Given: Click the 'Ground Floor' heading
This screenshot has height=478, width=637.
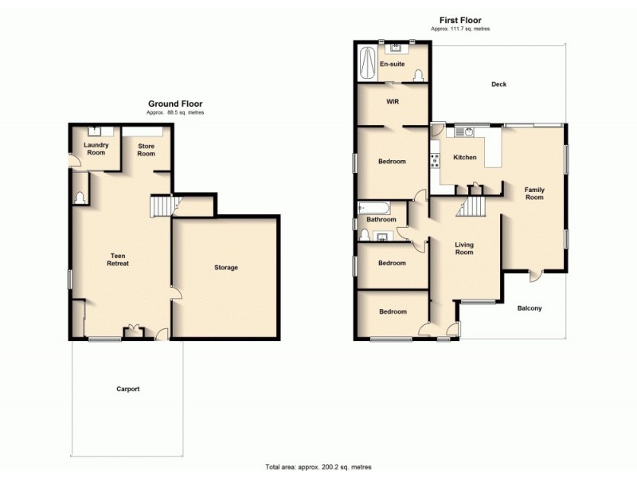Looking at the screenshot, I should tap(175, 104).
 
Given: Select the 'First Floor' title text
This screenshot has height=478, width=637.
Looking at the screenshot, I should tap(460, 20).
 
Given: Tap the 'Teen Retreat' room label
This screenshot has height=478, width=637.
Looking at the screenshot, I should tap(119, 259).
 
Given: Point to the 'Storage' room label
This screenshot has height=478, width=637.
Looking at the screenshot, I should tap(225, 268).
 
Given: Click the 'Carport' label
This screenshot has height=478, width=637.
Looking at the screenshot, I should tap(127, 389).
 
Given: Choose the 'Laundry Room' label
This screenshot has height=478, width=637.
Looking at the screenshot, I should tap(96, 148).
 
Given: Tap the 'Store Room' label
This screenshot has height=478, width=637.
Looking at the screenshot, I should tap(146, 150).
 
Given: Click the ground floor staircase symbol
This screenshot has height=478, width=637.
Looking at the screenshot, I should tap(161, 206).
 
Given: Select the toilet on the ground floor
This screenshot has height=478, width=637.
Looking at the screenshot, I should tap(79, 197).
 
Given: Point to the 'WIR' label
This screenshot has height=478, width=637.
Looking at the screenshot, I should tap(392, 102).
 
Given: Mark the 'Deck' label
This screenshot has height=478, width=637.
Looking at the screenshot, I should tap(498, 84).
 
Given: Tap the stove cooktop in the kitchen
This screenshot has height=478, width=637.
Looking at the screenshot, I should tap(435, 161).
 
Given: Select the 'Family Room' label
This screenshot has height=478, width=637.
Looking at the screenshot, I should tap(533, 193).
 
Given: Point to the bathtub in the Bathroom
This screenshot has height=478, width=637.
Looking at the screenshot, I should tap(374, 209).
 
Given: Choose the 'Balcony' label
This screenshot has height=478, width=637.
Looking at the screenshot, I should tap(530, 308).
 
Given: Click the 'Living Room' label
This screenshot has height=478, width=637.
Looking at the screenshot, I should tap(463, 249).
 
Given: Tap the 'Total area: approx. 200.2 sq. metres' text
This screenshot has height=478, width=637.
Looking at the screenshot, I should tap(318, 467).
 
